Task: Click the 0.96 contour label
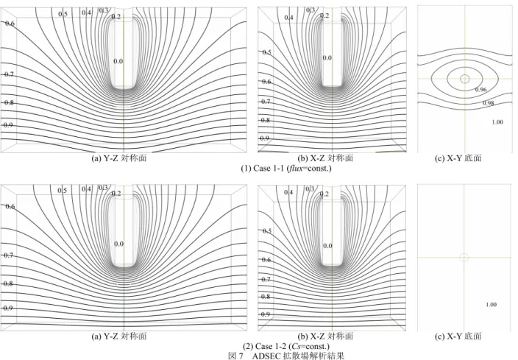point(480,90)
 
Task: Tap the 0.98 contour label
point(489,103)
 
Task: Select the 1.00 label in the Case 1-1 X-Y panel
point(497,122)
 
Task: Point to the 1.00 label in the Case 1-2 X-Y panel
point(492,305)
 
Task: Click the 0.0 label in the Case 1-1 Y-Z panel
point(118,61)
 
